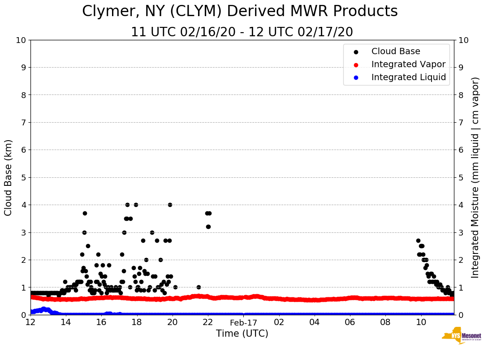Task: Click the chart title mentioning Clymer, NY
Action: (x=240, y=11)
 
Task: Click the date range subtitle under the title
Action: (x=242, y=32)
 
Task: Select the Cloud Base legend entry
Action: (x=396, y=51)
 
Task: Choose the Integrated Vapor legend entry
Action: (x=408, y=64)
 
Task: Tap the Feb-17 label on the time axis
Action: (x=243, y=322)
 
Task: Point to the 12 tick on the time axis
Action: (x=30, y=322)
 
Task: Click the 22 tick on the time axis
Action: (x=208, y=322)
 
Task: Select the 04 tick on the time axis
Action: (x=315, y=322)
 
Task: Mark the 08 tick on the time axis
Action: (x=385, y=322)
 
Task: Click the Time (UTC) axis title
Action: (x=242, y=334)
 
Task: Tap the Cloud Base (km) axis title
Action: (x=9, y=177)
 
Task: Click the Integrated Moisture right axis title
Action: (x=475, y=177)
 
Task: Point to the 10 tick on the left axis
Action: (x=21, y=40)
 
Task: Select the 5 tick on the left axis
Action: (x=23, y=177)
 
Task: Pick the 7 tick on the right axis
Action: (x=460, y=122)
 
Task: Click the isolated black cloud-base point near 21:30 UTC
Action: (x=199, y=287)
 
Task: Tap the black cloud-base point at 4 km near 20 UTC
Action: (x=170, y=205)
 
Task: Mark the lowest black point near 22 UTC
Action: (x=208, y=227)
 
